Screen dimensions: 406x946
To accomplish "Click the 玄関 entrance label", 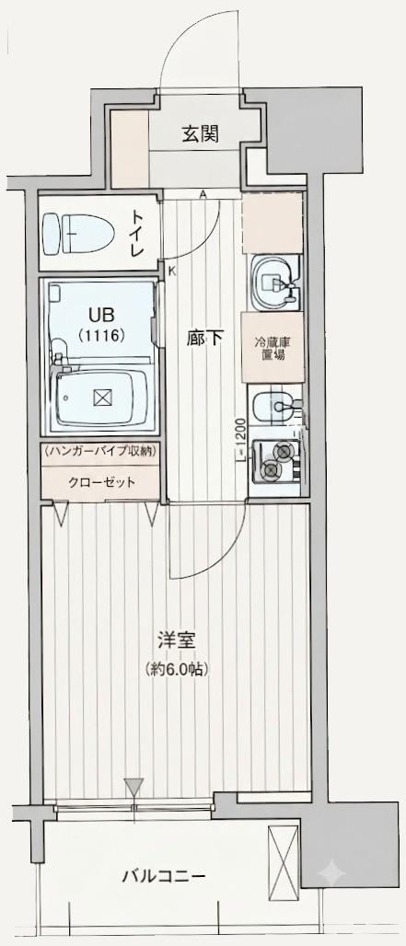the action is point(200,134).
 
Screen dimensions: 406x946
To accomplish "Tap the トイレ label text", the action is point(139,233).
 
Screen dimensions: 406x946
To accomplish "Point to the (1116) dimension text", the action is point(100,334).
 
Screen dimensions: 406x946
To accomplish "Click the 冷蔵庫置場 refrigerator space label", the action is point(273,348).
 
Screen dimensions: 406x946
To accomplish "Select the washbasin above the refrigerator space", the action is point(274,283).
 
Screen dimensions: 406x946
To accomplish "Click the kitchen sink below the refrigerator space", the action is point(273,409).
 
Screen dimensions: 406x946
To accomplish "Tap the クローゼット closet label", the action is point(100,482).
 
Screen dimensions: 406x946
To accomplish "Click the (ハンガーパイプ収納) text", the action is point(100,451).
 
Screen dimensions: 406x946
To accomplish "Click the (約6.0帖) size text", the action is point(176,668).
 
